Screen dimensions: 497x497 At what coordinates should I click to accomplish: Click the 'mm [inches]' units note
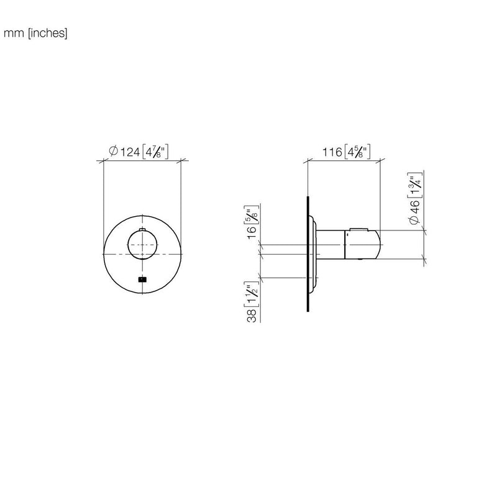[35, 33]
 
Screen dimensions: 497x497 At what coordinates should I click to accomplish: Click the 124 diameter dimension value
[130, 152]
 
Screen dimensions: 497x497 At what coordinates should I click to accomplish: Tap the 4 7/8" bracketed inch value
[155, 152]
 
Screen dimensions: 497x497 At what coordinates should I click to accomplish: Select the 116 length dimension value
[332, 152]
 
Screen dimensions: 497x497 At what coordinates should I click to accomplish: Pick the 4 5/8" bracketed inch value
[357, 152]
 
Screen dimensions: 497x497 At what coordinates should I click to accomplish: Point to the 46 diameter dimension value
[414, 206]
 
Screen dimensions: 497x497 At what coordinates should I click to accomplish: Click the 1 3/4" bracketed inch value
[415, 185]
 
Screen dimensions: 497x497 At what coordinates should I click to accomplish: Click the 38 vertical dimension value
[252, 316]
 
